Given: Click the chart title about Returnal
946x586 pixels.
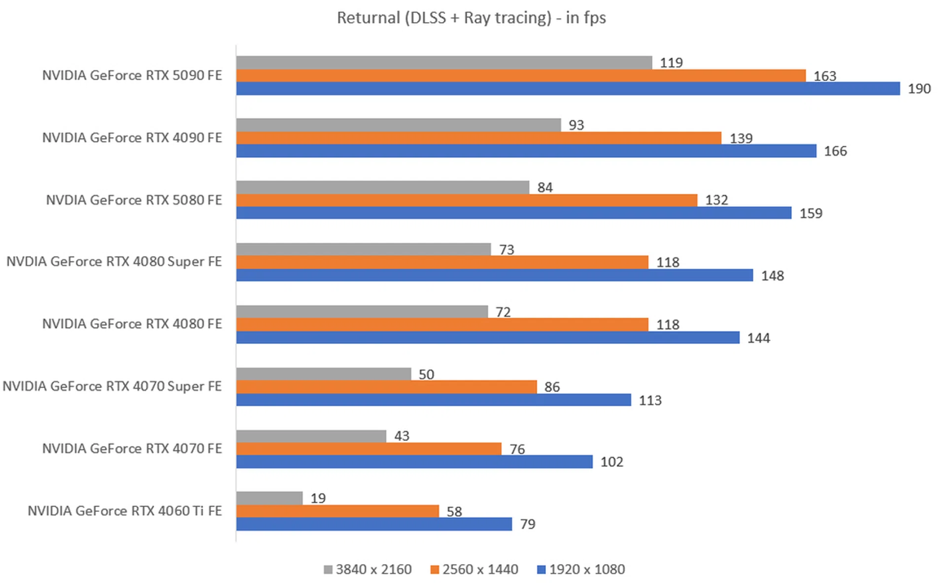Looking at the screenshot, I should tap(471, 18).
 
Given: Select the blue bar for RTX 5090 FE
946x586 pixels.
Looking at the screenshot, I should tap(568, 89).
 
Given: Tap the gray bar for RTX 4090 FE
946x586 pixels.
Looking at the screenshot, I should tap(398, 125).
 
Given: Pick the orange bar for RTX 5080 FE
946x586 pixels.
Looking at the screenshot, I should tap(467, 200).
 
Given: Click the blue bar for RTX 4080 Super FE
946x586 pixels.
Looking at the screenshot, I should tap(494, 275).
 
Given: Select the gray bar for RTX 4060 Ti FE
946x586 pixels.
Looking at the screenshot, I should tap(269, 498).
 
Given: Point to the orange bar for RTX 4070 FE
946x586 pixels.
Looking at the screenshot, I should tap(369, 449).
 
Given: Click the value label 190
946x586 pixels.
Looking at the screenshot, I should tap(919, 89).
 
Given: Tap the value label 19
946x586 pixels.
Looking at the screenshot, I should tap(318, 498).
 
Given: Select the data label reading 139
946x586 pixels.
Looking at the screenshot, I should tap(741, 138).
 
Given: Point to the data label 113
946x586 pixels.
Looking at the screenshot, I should tap(650, 400).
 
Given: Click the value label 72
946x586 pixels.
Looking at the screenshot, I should tap(503, 312).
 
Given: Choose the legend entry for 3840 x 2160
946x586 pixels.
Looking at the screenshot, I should tap(368, 570).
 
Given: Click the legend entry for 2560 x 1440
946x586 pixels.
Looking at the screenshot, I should tap(474, 570).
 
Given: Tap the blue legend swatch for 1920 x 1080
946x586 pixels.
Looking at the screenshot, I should tap(541, 570).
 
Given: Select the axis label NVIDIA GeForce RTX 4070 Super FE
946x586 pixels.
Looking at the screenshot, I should tap(112, 386).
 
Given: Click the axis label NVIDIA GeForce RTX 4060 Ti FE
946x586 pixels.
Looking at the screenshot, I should tap(125, 511).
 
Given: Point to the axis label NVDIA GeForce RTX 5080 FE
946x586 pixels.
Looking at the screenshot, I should tap(134, 200).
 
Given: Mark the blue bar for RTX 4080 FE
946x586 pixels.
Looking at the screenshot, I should tap(487, 338).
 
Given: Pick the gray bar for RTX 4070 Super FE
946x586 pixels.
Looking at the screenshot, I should tap(323, 374).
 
